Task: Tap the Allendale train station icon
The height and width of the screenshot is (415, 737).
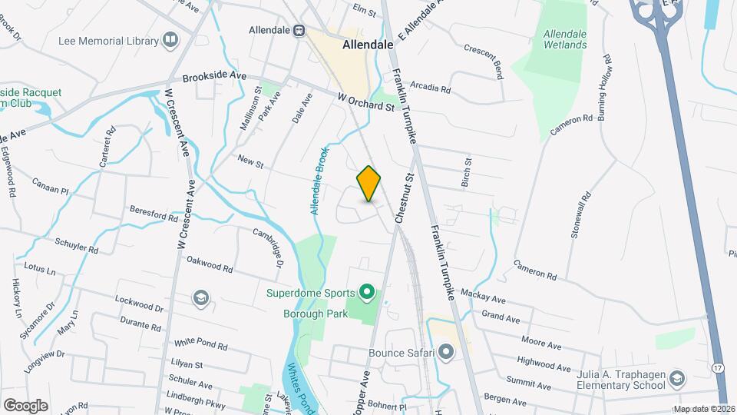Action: [x=299, y=31]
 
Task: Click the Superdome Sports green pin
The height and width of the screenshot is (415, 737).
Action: [x=367, y=292]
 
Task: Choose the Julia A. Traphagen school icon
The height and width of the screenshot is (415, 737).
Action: [x=676, y=377]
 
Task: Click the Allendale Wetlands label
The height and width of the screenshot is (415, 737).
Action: [x=565, y=39]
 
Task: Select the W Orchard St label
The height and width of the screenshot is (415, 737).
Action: [x=365, y=102]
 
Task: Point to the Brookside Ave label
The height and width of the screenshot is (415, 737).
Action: [x=214, y=78]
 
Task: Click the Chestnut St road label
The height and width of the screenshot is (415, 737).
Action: [x=405, y=198]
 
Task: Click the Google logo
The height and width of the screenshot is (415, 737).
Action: [x=25, y=405]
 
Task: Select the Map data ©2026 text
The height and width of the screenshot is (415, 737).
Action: [x=703, y=409]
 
